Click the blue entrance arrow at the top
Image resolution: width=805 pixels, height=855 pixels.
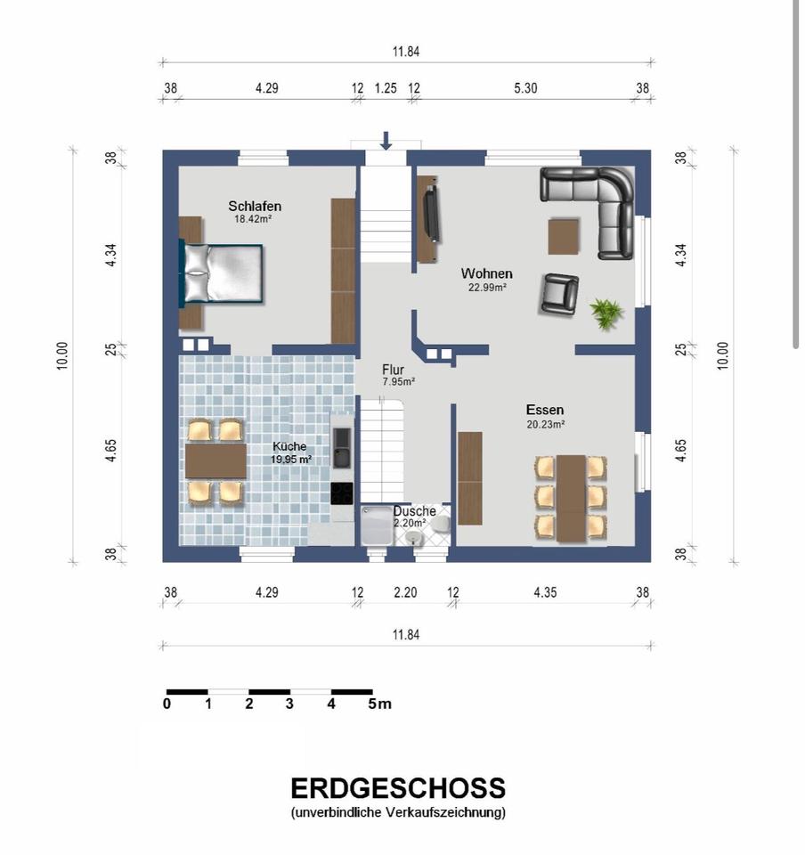386,140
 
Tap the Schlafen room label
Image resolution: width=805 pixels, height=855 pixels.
255,206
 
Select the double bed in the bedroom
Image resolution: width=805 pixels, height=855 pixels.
222,273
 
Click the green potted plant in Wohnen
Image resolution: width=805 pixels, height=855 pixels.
606,313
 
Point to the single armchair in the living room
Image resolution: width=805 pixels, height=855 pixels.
560,294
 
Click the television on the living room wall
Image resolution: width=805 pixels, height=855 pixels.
432,213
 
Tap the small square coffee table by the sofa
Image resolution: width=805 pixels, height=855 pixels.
564,235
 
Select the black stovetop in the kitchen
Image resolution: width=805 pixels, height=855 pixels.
342,494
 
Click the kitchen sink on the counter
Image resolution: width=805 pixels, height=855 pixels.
342,448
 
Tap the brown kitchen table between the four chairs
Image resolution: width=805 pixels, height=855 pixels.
215,460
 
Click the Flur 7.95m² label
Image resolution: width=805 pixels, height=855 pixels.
397,375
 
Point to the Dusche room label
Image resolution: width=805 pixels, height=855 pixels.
414,511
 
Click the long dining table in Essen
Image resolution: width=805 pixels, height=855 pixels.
571,499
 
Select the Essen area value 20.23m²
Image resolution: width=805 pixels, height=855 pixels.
545,424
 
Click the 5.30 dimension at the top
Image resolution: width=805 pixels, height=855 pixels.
525,88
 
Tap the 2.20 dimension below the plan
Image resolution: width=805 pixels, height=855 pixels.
405,592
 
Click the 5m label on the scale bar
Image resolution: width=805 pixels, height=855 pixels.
379,704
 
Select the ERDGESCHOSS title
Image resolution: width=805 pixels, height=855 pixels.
398,788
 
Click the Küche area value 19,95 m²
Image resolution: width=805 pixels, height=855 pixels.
291,460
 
